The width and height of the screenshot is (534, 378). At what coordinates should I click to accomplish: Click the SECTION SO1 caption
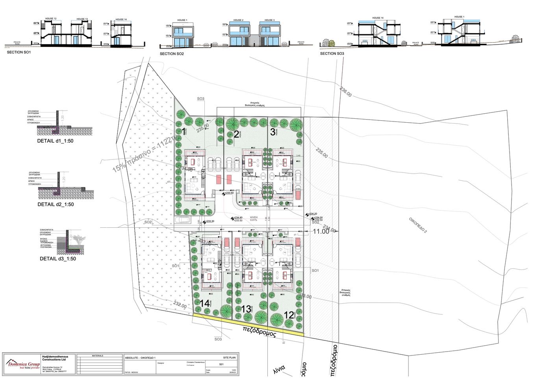(19, 52)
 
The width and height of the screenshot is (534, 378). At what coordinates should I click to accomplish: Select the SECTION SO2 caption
(172, 54)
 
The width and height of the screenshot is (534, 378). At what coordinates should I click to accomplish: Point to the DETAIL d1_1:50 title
(55, 141)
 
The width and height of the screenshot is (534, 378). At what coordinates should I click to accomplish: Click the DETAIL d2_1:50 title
(56, 204)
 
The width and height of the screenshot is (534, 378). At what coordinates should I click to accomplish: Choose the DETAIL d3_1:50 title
(58, 259)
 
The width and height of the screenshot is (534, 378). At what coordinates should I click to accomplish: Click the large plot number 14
(205, 303)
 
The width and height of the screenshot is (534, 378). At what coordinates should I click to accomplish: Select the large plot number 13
(246, 309)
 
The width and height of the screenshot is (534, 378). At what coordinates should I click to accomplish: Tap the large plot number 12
(289, 315)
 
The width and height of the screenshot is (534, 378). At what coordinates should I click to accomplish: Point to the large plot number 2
(236, 134)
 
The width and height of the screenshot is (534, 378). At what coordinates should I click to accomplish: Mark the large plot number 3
(273, 132)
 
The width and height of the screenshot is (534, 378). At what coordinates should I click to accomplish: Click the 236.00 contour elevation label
(345, 92)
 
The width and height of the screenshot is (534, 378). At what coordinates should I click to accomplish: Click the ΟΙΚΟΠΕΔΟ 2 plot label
(418, 225)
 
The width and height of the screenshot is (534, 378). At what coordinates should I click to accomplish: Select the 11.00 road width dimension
(321, 232)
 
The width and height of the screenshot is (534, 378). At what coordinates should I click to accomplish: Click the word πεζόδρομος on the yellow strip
(259, 331)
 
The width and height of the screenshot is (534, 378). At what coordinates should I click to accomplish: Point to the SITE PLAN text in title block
(229, 357)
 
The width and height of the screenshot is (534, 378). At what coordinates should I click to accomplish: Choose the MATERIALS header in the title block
(97, 356)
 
